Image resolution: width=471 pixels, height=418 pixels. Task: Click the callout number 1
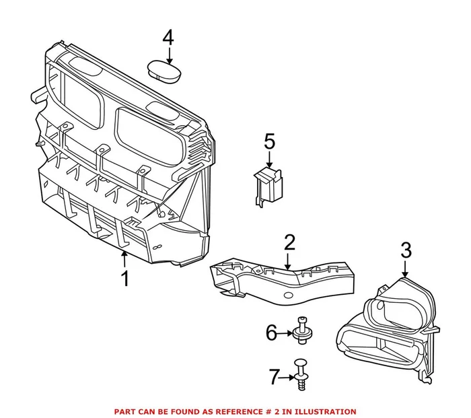click(x=125, y=277)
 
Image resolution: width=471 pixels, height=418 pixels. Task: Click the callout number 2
click(x=289, y=243)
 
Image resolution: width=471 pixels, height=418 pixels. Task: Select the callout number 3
click(x=406, y=251)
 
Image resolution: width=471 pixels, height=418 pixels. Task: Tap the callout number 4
click(x=168, y=37)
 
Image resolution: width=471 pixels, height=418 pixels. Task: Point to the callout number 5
click(x=269, y=141)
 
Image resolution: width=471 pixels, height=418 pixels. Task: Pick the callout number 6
click(x=271, y=332)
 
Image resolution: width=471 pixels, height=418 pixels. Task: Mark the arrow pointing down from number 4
click(x=168, y=54)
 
